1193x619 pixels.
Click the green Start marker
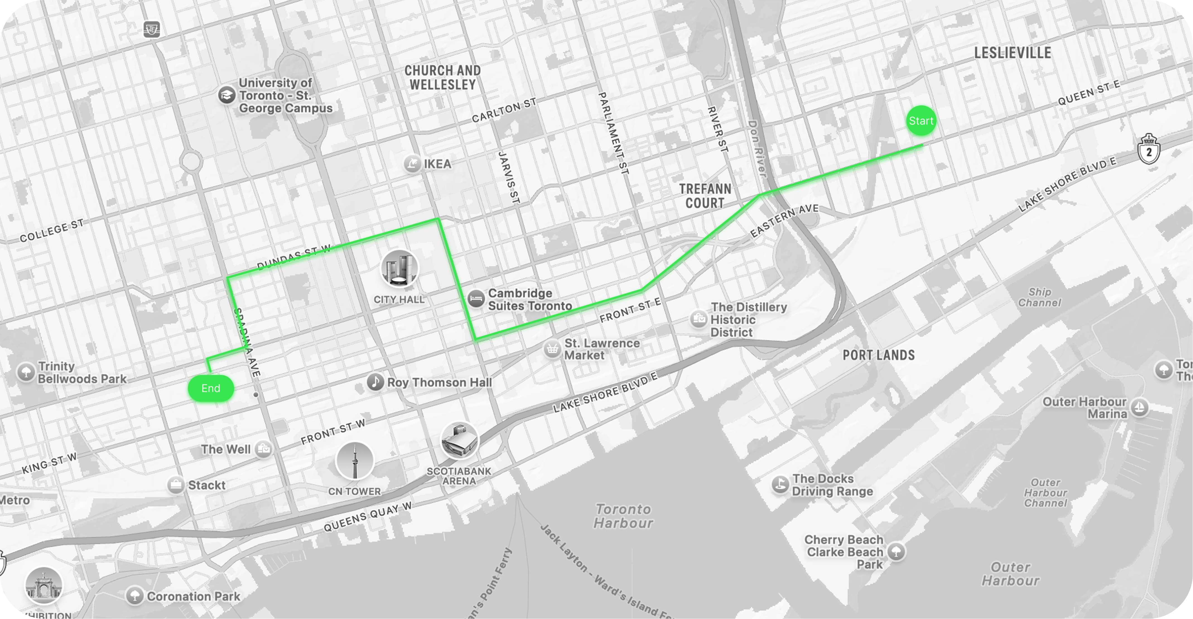tap(921, 121)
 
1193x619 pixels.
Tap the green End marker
tap(211, 388)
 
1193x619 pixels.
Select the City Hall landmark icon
tap(399, 268)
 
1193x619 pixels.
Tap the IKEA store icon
tap(412, 164)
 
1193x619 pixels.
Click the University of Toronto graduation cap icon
tap(226, 95)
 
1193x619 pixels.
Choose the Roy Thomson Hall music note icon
tap(375, 382)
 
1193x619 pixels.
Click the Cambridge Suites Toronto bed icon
tap(476, 299)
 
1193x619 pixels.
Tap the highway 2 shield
tap(1149, 149)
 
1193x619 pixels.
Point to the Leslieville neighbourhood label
tap(1012, 53)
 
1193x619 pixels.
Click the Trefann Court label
tap(705, 196)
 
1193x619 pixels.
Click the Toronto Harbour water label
tap(623, 516)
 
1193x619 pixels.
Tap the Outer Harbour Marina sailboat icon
tap(1140, 408)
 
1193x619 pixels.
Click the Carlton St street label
tap(504, 110)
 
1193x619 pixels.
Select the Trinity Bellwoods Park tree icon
tap(26, 372)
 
